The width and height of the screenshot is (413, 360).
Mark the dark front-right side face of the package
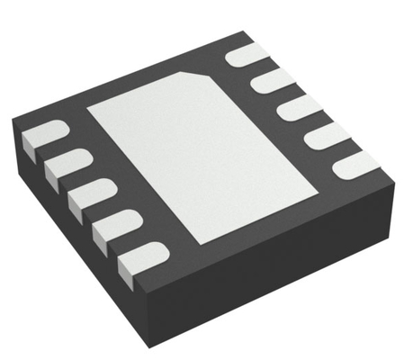point(288,270)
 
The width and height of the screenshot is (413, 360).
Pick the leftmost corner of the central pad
point(87,109)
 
